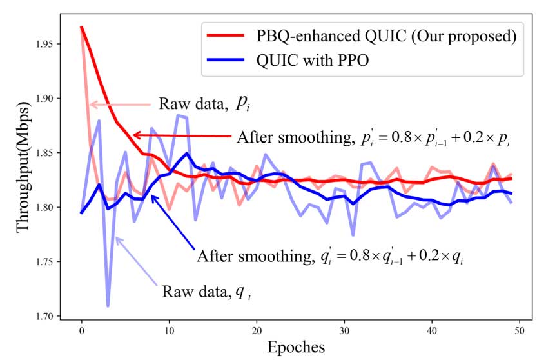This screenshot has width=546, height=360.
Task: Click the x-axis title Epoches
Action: click(297, 346)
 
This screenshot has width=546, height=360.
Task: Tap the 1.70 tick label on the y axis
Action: click(51, 316)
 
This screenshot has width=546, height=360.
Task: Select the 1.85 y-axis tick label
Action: click(51, 153)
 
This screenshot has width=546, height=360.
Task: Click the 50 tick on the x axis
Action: click(518, 330)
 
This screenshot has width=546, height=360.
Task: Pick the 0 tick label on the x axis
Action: click(81, 330)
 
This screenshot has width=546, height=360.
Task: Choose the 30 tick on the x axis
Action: click(344, 330)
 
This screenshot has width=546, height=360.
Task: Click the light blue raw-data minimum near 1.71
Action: click(108, 306)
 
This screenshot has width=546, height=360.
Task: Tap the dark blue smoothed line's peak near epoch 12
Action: click(186, 154)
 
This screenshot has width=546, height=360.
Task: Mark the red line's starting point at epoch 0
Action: click(81, 27)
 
